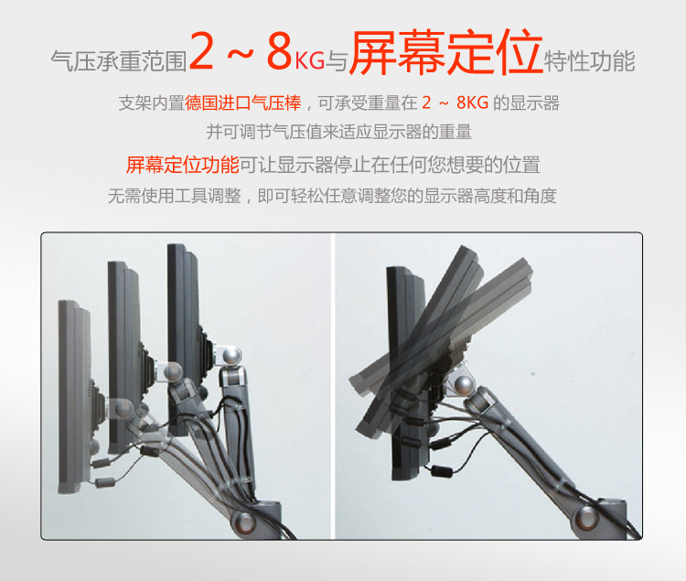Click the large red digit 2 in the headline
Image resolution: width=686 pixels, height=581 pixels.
202,50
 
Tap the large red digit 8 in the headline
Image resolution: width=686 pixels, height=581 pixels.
280,50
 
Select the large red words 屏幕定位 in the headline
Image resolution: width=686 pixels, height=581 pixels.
445,51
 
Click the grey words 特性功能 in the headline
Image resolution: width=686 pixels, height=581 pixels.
589,60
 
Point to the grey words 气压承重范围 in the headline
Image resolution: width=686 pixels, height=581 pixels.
119,60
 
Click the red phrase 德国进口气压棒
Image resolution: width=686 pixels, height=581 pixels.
243,103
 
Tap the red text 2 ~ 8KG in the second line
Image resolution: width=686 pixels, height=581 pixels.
455,103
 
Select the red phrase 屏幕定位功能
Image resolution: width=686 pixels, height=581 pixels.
182,165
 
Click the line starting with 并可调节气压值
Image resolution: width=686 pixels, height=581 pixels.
339,132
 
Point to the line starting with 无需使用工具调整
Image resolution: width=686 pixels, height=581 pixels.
332,196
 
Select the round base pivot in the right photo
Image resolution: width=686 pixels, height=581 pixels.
586,517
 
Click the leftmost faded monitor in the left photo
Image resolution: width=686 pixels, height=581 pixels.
75,396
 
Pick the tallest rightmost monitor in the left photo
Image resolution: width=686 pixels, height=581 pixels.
185,339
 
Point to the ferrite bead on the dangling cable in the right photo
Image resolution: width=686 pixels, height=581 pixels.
442,471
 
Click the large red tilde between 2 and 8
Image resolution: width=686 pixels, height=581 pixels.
241,54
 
